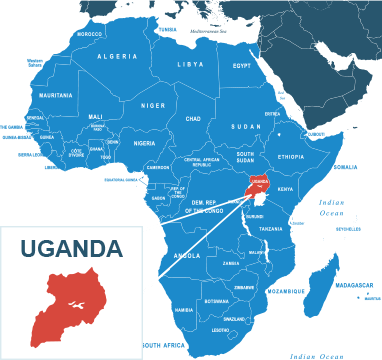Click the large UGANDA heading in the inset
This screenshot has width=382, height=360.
click(71, 248)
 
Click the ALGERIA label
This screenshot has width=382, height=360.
click(117, 57)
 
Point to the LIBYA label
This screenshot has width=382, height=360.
click(190, 65)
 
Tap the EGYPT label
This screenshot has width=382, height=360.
click(242, 66)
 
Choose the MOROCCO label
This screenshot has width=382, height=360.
click(89, 34)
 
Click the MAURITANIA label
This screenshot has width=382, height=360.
click(55, 96)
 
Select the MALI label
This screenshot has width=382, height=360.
click(95, 116)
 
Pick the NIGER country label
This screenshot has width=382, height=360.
click(153, 105)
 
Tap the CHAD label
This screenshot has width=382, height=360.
click(193, 119)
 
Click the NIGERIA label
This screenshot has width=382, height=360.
click(145, 143)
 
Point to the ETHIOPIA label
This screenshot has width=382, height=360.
click(291, 157)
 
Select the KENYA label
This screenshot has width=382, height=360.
click(285, 189)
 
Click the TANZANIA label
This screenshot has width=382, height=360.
click(271, 229)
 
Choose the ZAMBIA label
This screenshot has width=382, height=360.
click(231, 264)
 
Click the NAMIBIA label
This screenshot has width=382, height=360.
click(184, 310)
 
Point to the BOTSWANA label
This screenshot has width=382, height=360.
click(216, 301)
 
